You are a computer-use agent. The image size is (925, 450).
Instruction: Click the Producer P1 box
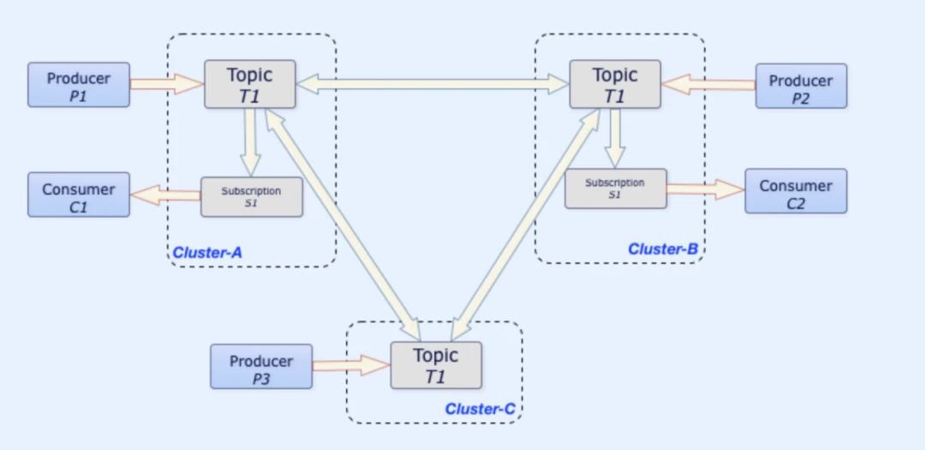pyautogui.click(x=79, y=84)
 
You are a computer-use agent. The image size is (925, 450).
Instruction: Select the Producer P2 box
pyautogui.click(x=801, y=86)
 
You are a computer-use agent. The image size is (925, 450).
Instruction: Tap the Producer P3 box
pyautogui.click(x=261, y=366)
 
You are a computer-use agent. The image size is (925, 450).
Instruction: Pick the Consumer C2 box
pyautogui.click(x=796, y=190)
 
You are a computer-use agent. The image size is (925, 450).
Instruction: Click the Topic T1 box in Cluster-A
pyautogui.click(x=249, y=84)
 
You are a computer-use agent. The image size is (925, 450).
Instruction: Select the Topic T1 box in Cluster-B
pyautogui.click(x=615, y=84)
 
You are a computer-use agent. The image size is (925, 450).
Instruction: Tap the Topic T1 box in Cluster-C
pyautogui.click(x=436, y=365)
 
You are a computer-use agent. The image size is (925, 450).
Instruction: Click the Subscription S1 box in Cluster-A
pyautogui.click(x=252, y=196)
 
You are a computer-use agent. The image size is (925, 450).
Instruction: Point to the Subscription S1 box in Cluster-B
pyautogui.click(x=615, y=188)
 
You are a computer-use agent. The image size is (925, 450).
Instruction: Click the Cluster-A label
pyautogui.click(x=208, y=253)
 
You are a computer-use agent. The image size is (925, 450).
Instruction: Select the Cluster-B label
pyautogui.click(x=663, y=249)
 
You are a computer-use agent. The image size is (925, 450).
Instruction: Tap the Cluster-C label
pyautogui.click(x=480, y=409)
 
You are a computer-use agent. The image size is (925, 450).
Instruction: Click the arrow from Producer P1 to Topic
pyautogui.click(x=167, y=84)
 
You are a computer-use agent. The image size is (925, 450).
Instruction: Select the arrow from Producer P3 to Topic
pyautogui.click(x=351, y=366)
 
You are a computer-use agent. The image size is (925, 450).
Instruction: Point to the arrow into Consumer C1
pyautogui.click(x=165, y=195)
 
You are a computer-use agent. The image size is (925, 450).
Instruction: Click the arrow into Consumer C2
pyautogui.click(x=705, y=189)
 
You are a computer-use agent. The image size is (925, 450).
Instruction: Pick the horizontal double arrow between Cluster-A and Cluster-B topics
pyautogui.click(x=433, y=83)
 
